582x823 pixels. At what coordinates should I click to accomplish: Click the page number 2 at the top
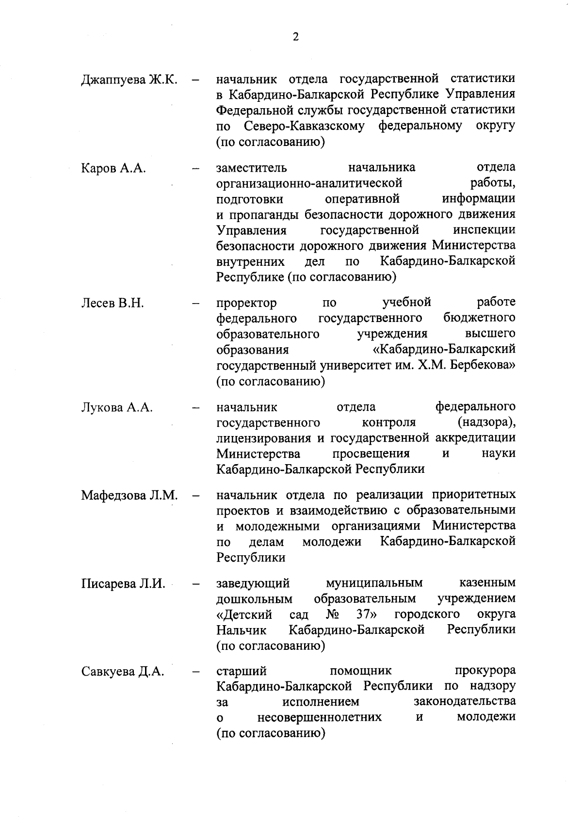[295, 37]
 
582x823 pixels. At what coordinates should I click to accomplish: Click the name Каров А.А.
[114, 169]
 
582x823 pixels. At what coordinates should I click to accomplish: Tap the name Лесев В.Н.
[113, 304]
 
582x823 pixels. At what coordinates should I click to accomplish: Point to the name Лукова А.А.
[117, 407]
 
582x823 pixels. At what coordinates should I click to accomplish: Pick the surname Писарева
[109, 584]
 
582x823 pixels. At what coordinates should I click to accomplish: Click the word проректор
[246, 304]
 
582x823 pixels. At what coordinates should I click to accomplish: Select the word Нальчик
[242, 630]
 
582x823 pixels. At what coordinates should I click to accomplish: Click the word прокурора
[485, 671]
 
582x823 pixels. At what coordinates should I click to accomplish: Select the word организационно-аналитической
[309, 184]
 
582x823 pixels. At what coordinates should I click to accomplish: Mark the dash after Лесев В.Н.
[195, 304]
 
